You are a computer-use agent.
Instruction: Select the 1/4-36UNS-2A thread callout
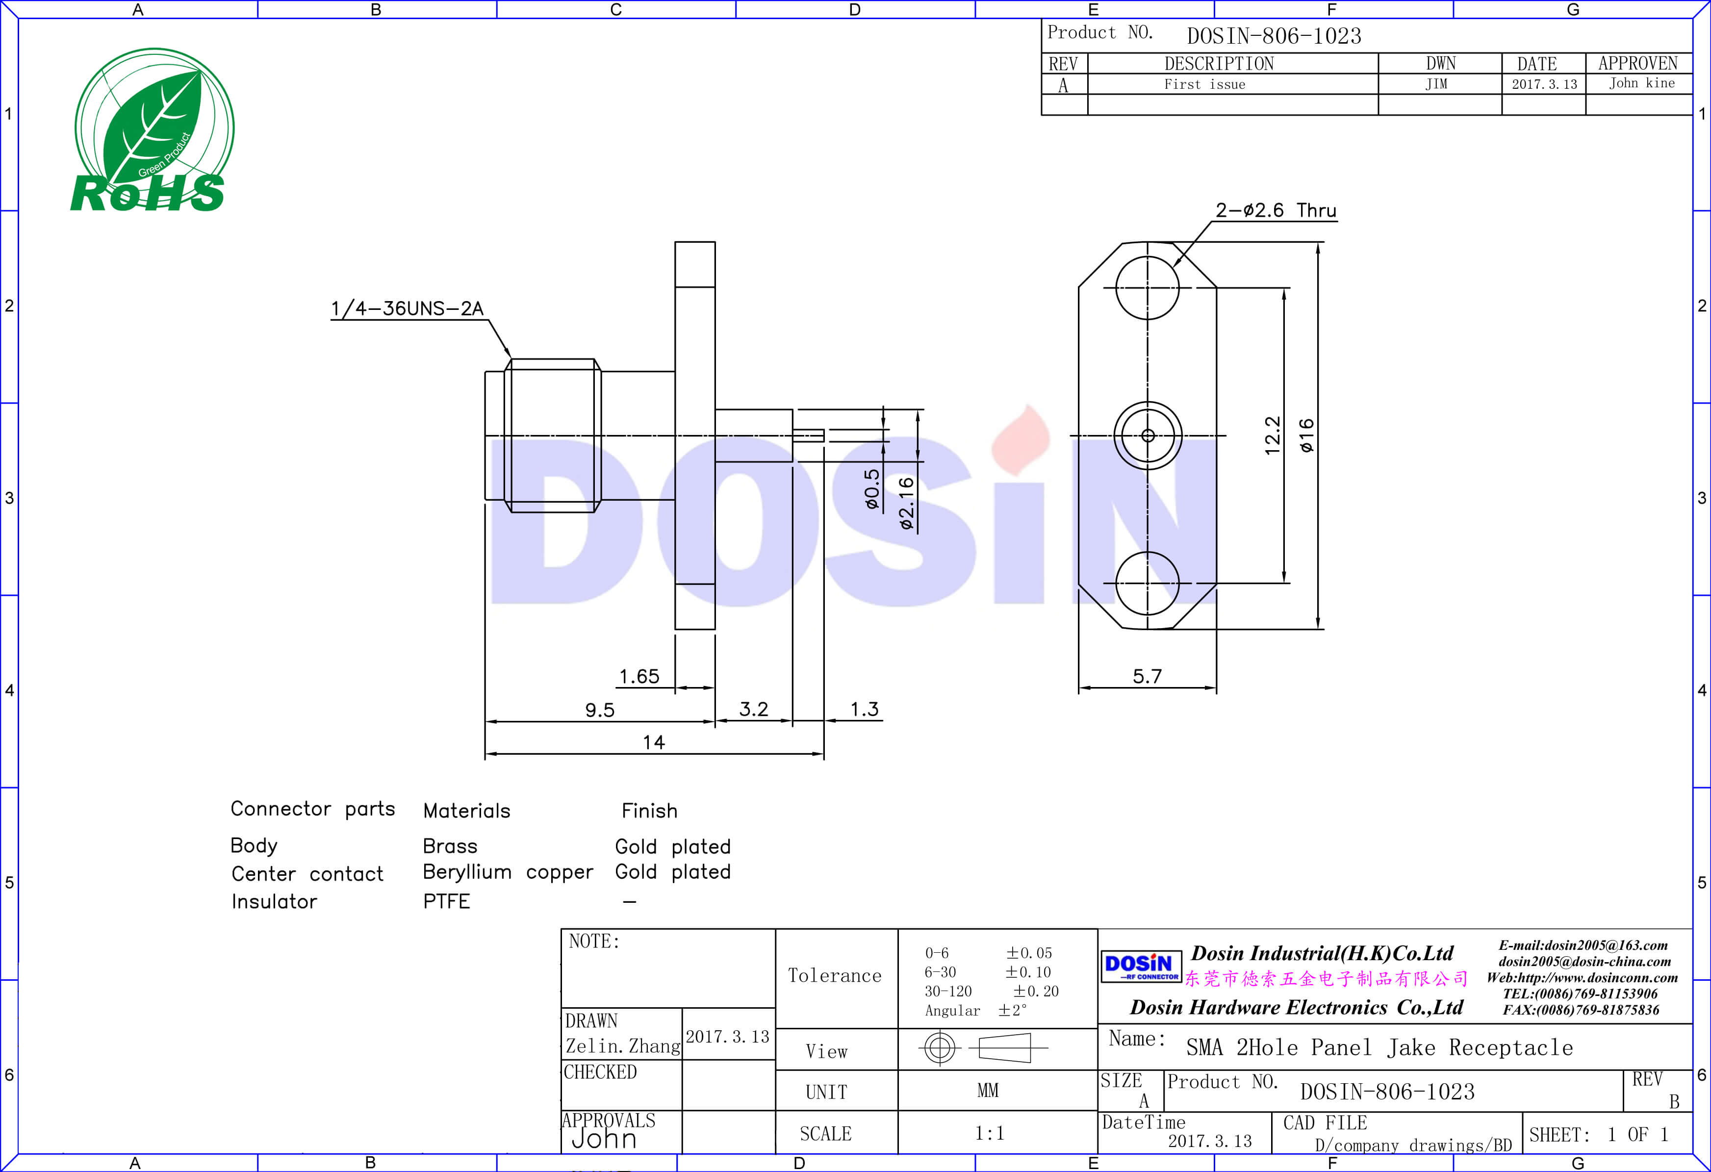(407, 308)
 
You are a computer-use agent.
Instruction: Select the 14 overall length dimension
(654, 742)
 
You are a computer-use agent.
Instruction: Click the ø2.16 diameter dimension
(906, 503)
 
